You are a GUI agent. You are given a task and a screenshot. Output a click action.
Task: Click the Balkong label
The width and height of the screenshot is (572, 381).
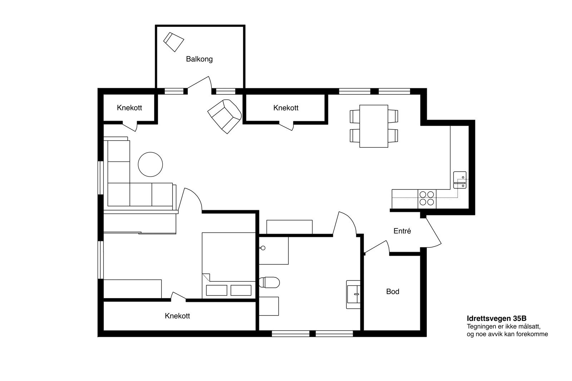tap(199, 59)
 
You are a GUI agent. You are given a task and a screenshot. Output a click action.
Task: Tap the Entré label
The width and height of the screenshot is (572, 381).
tap(402, 231)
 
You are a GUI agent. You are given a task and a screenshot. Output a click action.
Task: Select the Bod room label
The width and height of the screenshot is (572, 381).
tap(393, 291)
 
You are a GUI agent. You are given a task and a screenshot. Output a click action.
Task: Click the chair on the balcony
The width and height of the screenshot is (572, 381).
tap(173, 42)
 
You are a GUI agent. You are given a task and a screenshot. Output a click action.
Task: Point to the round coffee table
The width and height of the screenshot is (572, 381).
tap(150, 164)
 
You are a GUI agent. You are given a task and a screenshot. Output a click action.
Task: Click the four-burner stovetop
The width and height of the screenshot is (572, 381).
tap(427, 198)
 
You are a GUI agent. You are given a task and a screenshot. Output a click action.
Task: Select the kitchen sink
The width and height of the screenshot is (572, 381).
tap(460, 180)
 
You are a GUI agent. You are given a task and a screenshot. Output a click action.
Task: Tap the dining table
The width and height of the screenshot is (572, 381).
tap(374, 126)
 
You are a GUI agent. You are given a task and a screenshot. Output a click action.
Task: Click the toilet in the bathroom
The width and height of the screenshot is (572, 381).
tap(269, 282)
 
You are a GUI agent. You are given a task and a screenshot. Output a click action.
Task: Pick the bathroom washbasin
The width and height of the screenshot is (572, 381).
tap(353, 295)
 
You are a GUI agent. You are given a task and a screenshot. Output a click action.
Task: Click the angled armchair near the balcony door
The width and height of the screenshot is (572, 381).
tap(225, 116)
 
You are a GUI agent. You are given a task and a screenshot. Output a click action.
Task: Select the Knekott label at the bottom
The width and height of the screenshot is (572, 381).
tap(177, 316)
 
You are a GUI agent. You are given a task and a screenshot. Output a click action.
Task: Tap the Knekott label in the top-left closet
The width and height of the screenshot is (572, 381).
tap(129, 108)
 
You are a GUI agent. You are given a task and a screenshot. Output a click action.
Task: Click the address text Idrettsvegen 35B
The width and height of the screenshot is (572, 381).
tap(497, 318)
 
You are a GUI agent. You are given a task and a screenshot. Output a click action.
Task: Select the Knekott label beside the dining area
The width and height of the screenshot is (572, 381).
tap(286, 108)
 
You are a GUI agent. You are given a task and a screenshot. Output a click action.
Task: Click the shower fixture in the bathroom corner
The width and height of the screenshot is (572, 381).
tap(262, 248)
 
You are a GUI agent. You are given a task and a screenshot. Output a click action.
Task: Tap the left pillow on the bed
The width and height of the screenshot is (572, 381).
tap(217, 290)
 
